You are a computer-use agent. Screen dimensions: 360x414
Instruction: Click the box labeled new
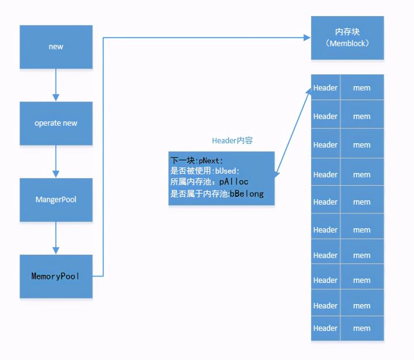click(x=56, y=47)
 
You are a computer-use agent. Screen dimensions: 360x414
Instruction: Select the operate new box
click(x=56, y=123)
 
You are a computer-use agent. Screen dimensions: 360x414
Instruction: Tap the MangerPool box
click(x=56, y=200)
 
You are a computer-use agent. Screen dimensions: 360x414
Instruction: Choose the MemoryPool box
click(x=56, y=276)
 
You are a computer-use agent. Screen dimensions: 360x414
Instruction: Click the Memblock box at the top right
click(x=347, y=37)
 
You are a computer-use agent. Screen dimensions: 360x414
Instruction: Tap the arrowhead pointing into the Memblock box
click(x=307, y=38)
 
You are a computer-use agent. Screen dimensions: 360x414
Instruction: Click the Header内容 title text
click(x=232, y=140)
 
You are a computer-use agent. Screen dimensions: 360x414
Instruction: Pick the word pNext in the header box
click(x=210, y=160)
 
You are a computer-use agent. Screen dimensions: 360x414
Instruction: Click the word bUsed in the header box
click(x=227, y=171)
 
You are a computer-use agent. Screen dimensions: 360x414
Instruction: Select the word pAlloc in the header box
click(x=233, y=182)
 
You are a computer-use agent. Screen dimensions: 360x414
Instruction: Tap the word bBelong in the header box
click(x=247, y=194)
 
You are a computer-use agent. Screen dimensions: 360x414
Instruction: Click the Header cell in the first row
click(x=325, y=88)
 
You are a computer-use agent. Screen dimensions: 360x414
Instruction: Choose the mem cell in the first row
click(x=362, y=88)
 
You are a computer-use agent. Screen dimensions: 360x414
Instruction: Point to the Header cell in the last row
click(x=325, y=328)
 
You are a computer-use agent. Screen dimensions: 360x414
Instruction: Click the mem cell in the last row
click(x=362, y=328)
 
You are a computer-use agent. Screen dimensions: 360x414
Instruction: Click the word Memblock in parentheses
click(x=347, y=43)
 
